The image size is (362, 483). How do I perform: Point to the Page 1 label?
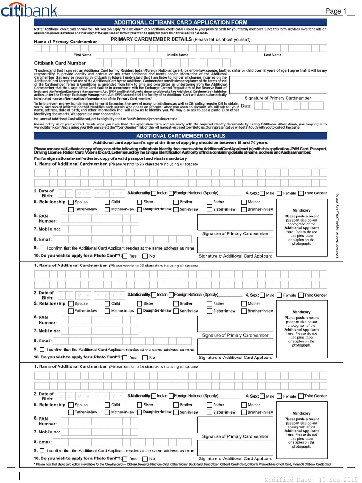coord(336,11)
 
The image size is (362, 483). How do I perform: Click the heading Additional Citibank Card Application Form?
coord(181,22)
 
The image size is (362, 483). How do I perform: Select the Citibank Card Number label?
coord(60,63)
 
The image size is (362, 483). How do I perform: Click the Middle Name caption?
coord(177,55)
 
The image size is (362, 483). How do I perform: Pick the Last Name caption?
coord(272,55)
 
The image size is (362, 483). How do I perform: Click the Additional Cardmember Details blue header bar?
coord(181,136)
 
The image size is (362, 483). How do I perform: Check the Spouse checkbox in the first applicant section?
coord(71,202)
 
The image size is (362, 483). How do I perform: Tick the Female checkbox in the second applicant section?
coord(280,295)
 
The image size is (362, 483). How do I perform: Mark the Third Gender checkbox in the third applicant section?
coord(301,396)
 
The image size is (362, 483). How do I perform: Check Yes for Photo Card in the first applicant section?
coord(125,256)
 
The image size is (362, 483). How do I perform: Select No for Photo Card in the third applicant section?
coord(145,458)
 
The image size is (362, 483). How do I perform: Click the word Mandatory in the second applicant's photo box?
coord(301,312)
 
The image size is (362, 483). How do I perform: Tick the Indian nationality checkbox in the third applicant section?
coord(154,396)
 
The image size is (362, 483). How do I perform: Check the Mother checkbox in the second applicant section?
coord(244,304)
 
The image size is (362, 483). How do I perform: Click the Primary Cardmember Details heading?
coord(181,40)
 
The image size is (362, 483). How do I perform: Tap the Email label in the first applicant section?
coord(45,239)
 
